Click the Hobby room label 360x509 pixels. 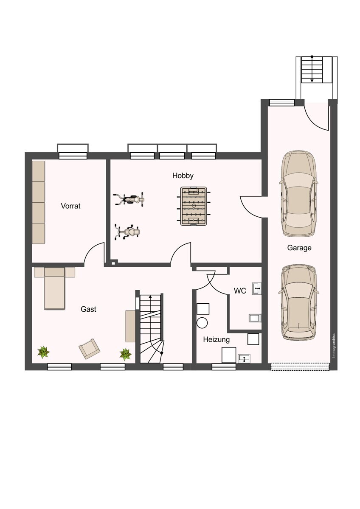pyautogui.click(x=183, y=176)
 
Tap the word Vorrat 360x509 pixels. pyautogui.click(x=70, y=206)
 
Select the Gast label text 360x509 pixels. pyautogui.click(x=88, y=309)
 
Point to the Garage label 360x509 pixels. pyautogui.click(x=299, y=248)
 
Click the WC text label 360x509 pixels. pyautogui.click(x=240, y=291)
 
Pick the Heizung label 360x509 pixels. pyautogui.click(x=216, y=339)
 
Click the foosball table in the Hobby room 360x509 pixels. pyautogui.click(x=194, y=206)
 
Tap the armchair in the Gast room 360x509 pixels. pyautogui.click(x=90, y=349)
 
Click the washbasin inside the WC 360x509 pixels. pyautogui.click(x=256, y=288)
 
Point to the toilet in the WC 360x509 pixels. pyautogui.click(x=255, y=318)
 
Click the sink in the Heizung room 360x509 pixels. pyautogui.click(x=244, y=358)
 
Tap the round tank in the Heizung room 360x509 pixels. pyautogui.click(x=202, y=323)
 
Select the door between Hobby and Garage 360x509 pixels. pyautogui.click(x=254, y=207)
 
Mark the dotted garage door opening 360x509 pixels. pyautogui.click(x=300, y=366)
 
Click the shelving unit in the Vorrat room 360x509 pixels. pyautogui.click(x=39, y=202)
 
